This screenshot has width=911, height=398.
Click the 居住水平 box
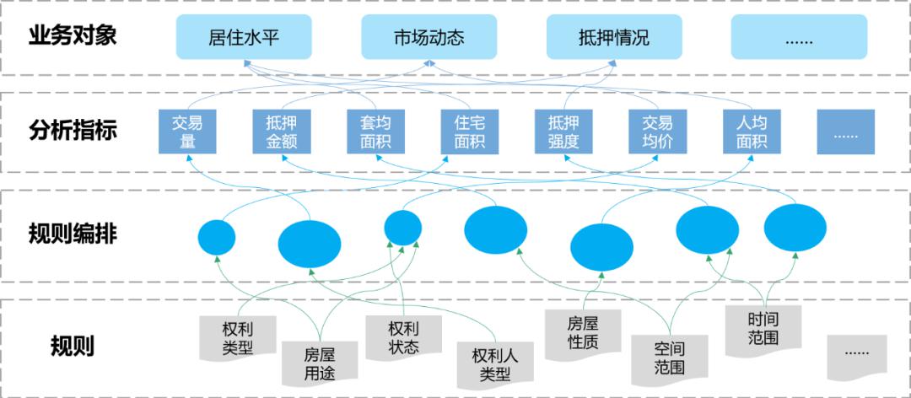[244, 38]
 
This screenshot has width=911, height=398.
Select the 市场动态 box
[429, 38]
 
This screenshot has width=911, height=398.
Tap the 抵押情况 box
[615, 38]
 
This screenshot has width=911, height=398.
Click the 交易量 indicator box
[187, 132]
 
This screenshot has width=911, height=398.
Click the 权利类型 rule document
[238, 336]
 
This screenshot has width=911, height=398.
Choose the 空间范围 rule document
[669, 357]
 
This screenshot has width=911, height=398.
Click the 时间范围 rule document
[763, 329]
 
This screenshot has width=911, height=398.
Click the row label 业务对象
[73, 36]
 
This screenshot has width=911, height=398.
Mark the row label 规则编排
[73, 234]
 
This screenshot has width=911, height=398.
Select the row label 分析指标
[73, 131]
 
